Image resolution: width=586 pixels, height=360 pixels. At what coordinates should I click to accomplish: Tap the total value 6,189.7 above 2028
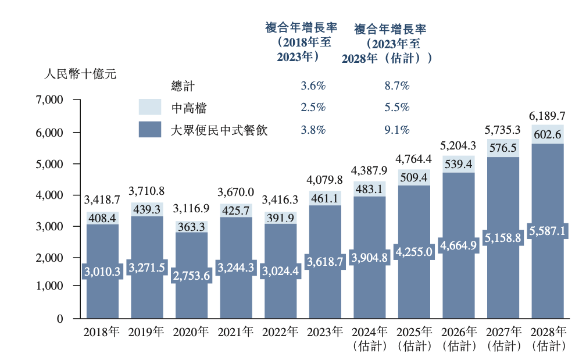(x=548, y=115)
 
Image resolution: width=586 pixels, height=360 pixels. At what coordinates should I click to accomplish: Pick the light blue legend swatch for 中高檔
(x=149, y=107)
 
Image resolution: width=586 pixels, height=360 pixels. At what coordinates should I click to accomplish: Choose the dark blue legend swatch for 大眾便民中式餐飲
(x=149, y=129)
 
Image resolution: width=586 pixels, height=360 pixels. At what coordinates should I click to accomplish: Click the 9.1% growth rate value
(x=397, y=130)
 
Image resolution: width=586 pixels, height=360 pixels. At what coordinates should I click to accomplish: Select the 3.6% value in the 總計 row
(x=312, y=85)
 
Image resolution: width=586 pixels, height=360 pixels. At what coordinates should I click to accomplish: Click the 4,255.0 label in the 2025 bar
(x=415, y=251)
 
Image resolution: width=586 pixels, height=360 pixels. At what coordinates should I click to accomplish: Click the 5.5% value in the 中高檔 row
(x=397, y=108)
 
